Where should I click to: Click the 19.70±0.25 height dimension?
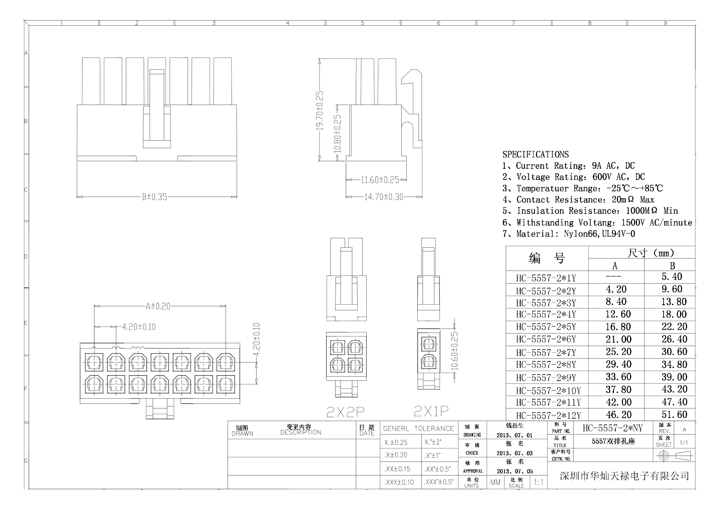click(x=319, y=110)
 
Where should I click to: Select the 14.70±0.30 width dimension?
click(x=384, y=197)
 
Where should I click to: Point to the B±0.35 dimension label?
click(x=155, y=197)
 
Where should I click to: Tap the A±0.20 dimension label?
click(x=158, y=306)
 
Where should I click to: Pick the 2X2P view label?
click(x=345, y=412)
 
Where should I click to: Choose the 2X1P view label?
click(x=431, y=411)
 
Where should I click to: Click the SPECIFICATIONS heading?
click(x=535, y=154)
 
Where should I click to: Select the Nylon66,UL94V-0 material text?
click(x=599, y=234)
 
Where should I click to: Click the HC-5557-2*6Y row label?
click(x=546, y=339)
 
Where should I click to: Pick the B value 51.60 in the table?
click(x=674, y=415)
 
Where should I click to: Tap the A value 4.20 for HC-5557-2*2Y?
click(x=616, y=290)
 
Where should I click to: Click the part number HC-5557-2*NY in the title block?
click(x=613, y=428)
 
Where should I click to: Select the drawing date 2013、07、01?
click(x=514, y=435)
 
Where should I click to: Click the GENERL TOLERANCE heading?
click(x=418, y=429)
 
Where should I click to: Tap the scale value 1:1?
click(x=538, y=482)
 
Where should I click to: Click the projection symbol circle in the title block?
click(x=664, y=456)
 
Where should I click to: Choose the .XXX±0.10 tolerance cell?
click(x=399, y=482)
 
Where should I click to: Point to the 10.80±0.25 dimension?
click(x=338, y=133)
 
